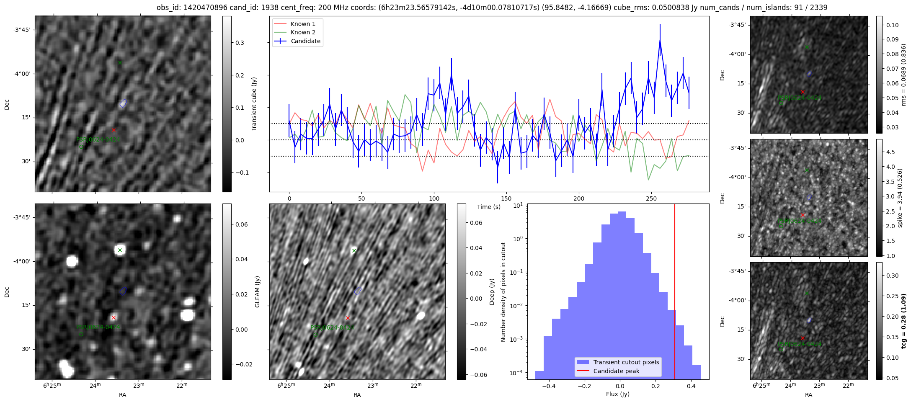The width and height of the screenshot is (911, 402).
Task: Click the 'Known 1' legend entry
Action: click(303, 24)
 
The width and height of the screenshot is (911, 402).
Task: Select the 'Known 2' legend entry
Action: click(303, 32)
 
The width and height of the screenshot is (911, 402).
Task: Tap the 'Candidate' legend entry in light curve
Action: click(305, 41)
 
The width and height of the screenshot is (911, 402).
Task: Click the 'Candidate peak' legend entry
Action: click(616, 371)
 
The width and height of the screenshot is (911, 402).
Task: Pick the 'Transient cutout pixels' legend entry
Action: click(626, 362)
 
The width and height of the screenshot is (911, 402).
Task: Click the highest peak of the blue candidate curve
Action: click(660, 41)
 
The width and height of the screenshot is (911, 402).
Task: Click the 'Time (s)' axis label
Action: click(489, 207)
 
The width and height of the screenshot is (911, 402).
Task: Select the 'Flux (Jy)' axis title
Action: click(617, 394)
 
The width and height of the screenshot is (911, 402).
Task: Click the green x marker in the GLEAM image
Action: click(120, 250)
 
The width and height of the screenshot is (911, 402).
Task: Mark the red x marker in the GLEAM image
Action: click(114, 318)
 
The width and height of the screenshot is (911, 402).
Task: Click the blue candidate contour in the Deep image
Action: click(358, 291)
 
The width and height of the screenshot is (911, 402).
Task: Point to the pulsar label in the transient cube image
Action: click(98, 139)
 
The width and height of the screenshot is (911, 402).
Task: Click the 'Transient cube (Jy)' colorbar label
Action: click(254, 104)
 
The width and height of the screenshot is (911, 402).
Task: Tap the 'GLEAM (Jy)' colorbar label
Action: click(257, 291)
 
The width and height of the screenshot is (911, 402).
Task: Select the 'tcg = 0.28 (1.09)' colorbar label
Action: click(904, 321)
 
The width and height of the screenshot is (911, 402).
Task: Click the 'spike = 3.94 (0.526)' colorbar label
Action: click(901, 198)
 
